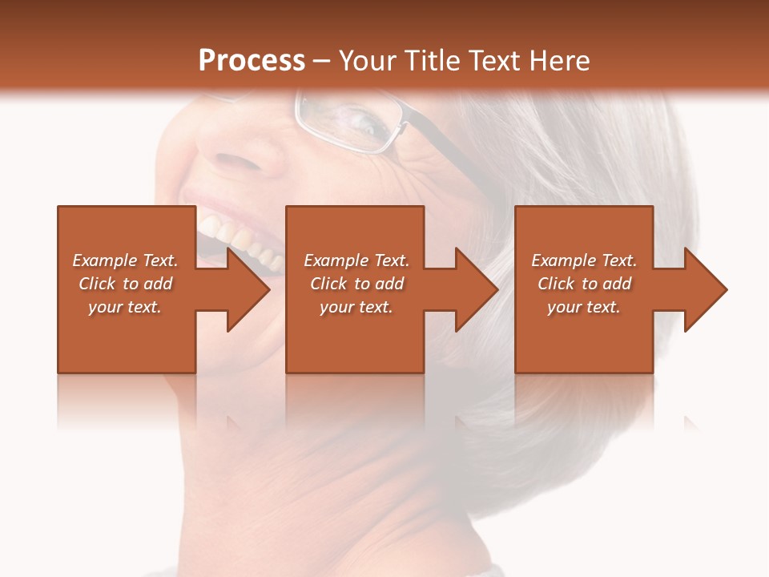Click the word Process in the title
pos(252,61)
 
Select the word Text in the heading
pos(496,61)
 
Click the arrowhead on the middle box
pos(476,289)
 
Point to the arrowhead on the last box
pos(705,289)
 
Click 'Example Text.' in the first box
pos(126,260)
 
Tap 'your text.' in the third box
pos(584,307)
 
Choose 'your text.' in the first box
pos(126,307)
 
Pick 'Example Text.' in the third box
pos(584,260)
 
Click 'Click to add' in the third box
pos(584,284)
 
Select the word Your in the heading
pos(367,61)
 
